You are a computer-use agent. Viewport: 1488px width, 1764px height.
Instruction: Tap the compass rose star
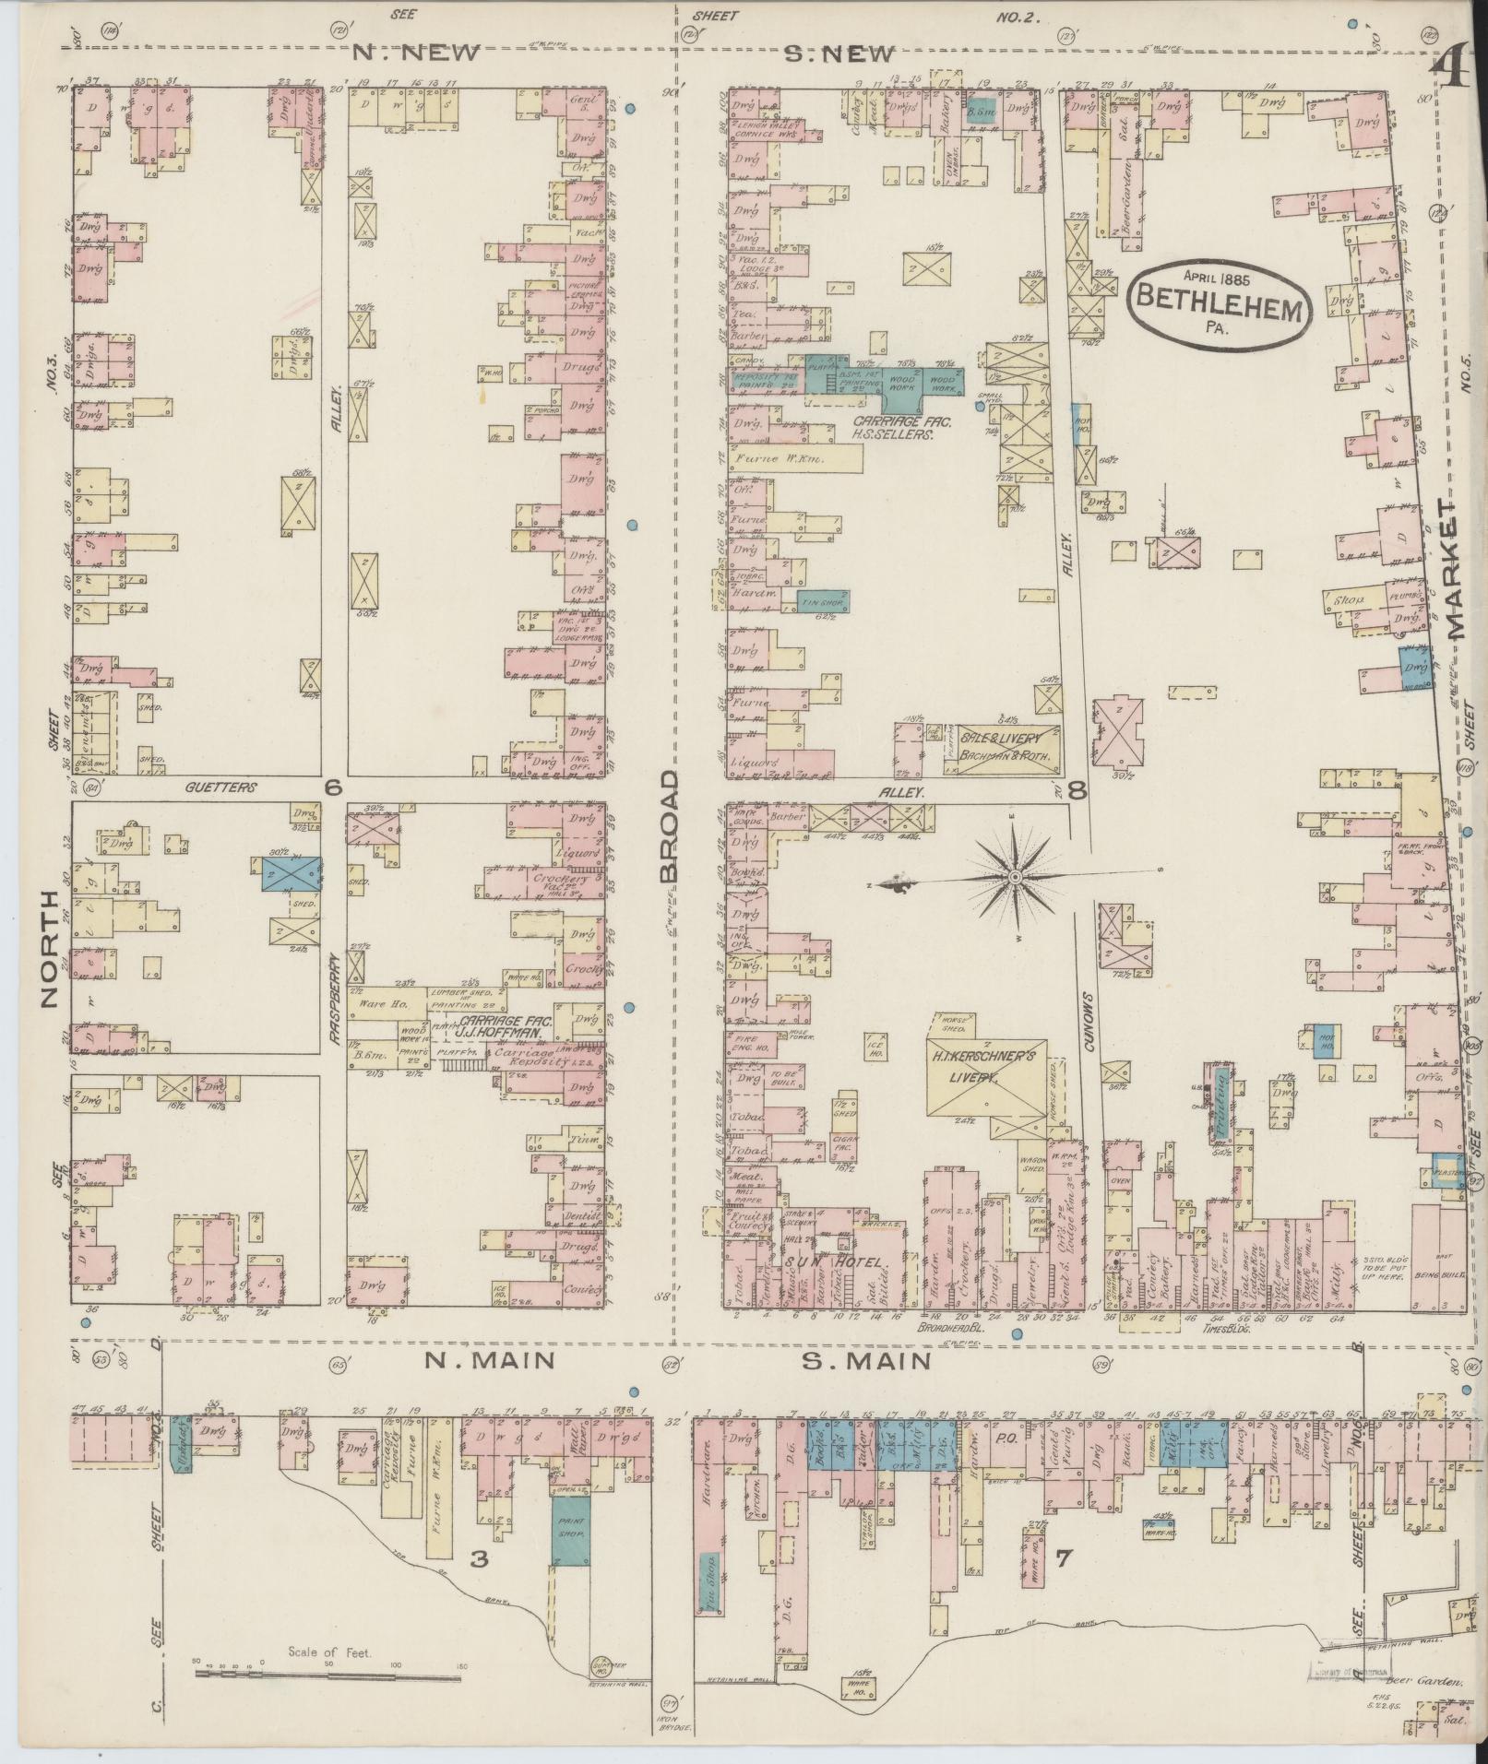pos(1015,875)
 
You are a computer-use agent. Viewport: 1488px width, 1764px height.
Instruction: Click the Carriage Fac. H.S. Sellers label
pos(883,425)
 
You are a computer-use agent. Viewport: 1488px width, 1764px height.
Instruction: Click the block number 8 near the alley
pos(1077,789)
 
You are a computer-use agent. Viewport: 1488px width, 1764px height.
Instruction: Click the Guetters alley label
pos(220,787)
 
